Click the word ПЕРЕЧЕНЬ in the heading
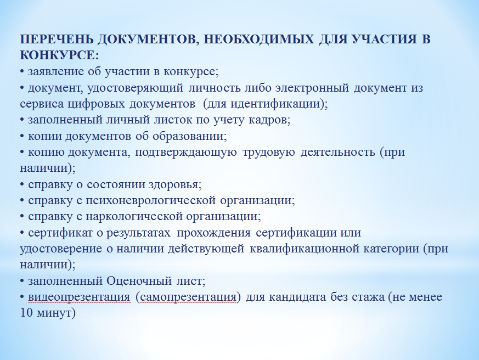coord(57,39)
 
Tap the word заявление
coord(56,72)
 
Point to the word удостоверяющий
coord(135,88)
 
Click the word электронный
coord(312,88)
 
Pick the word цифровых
coord(96,104)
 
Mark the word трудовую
coord(268,153)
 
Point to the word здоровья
coord(173,185)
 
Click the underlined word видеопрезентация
coord(79,297)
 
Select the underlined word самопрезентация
coord(188,297)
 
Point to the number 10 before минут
coord(26,313)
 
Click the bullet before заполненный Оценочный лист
coord(22,281)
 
